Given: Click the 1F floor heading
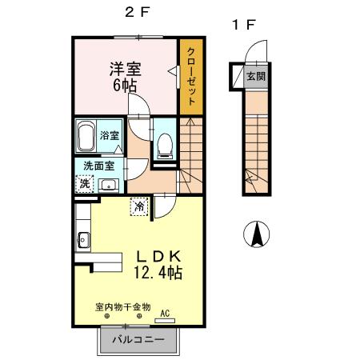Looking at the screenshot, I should coord(244,25).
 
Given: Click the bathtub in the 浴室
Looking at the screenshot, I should coord(86,135).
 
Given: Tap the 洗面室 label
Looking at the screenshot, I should coord(98,166).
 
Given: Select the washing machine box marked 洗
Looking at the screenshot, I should coord(86,183).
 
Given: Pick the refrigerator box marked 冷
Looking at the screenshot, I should coord(139,206).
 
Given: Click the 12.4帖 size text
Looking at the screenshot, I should coord(158,273).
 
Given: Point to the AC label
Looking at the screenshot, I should coord(166,313).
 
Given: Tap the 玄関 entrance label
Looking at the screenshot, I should coord(254,77).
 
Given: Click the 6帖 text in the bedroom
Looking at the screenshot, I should coord(125,84).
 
